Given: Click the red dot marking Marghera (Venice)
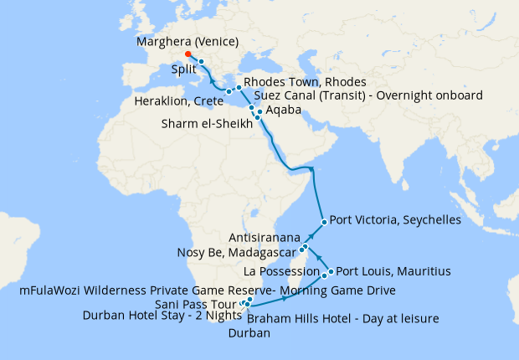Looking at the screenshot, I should coord(188,54).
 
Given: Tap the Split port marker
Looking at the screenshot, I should coord(202,63).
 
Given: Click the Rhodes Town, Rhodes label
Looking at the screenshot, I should coord(305,82).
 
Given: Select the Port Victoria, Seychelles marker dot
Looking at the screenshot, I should coord(324,222).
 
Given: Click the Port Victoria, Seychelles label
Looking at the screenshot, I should coord(395,221).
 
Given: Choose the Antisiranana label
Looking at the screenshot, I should coord(264,238).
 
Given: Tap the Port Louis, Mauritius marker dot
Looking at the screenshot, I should coord(331,271).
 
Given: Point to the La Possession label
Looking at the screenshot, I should coord(280,271).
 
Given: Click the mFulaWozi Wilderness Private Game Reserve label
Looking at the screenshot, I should coord(207,290).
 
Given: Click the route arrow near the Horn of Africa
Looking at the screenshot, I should coord(311,170).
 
